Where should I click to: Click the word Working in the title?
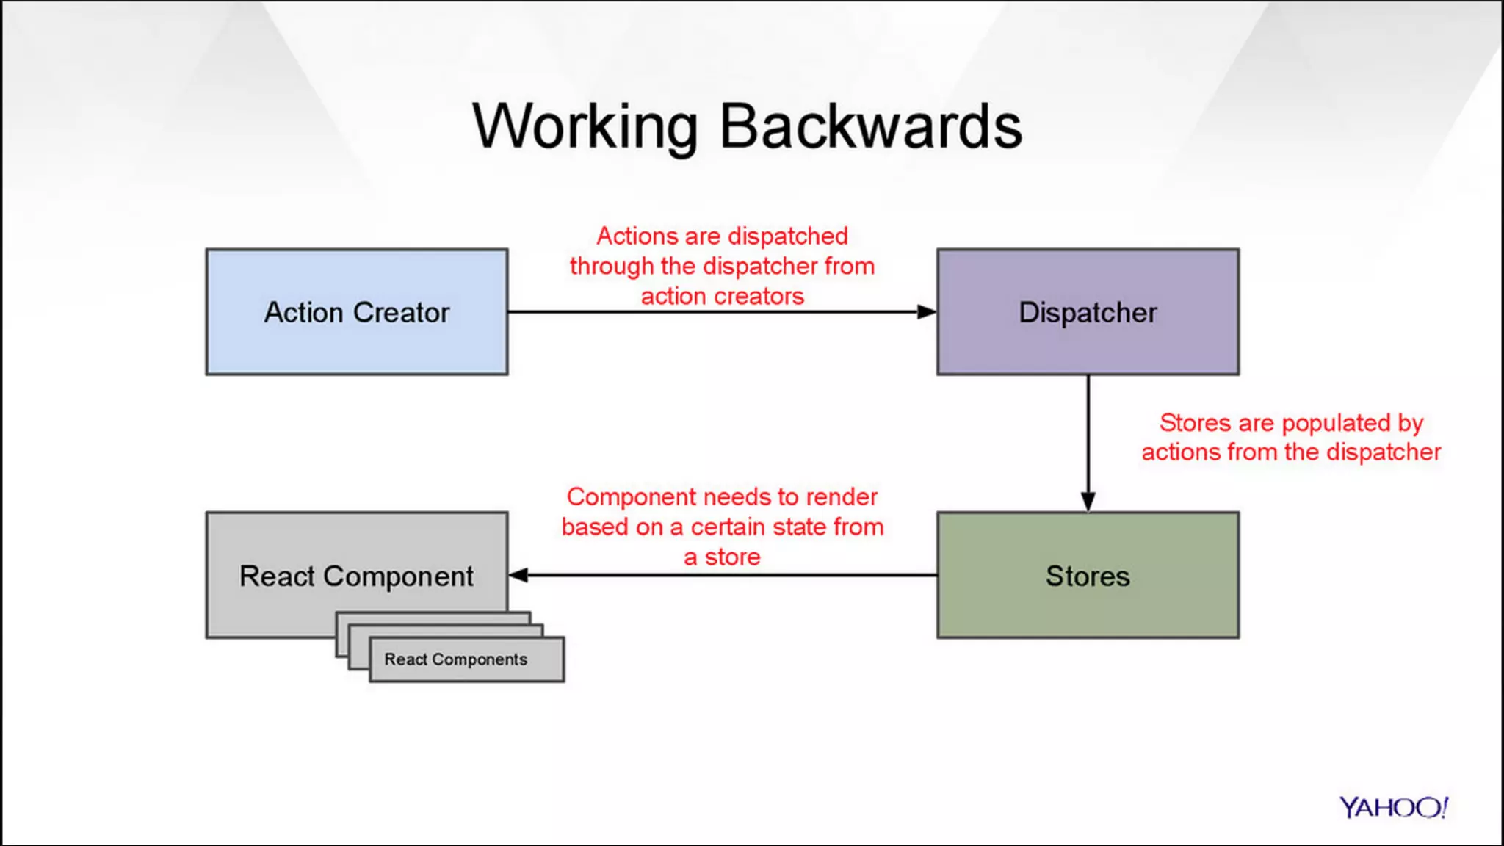click(x=585, y=128)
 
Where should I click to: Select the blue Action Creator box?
click(x=356, y=345)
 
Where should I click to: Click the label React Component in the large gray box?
click(x=356, y=576)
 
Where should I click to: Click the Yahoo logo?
click(x=1392, y=808)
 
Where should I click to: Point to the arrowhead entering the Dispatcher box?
click(x=926, y=312)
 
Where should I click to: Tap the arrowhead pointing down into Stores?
click(x=1088, y=501)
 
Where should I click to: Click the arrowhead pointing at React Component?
click(x=518, y=575)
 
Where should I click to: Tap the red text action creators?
click(x=722, y=297)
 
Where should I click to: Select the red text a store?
click(x=722, y=557)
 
